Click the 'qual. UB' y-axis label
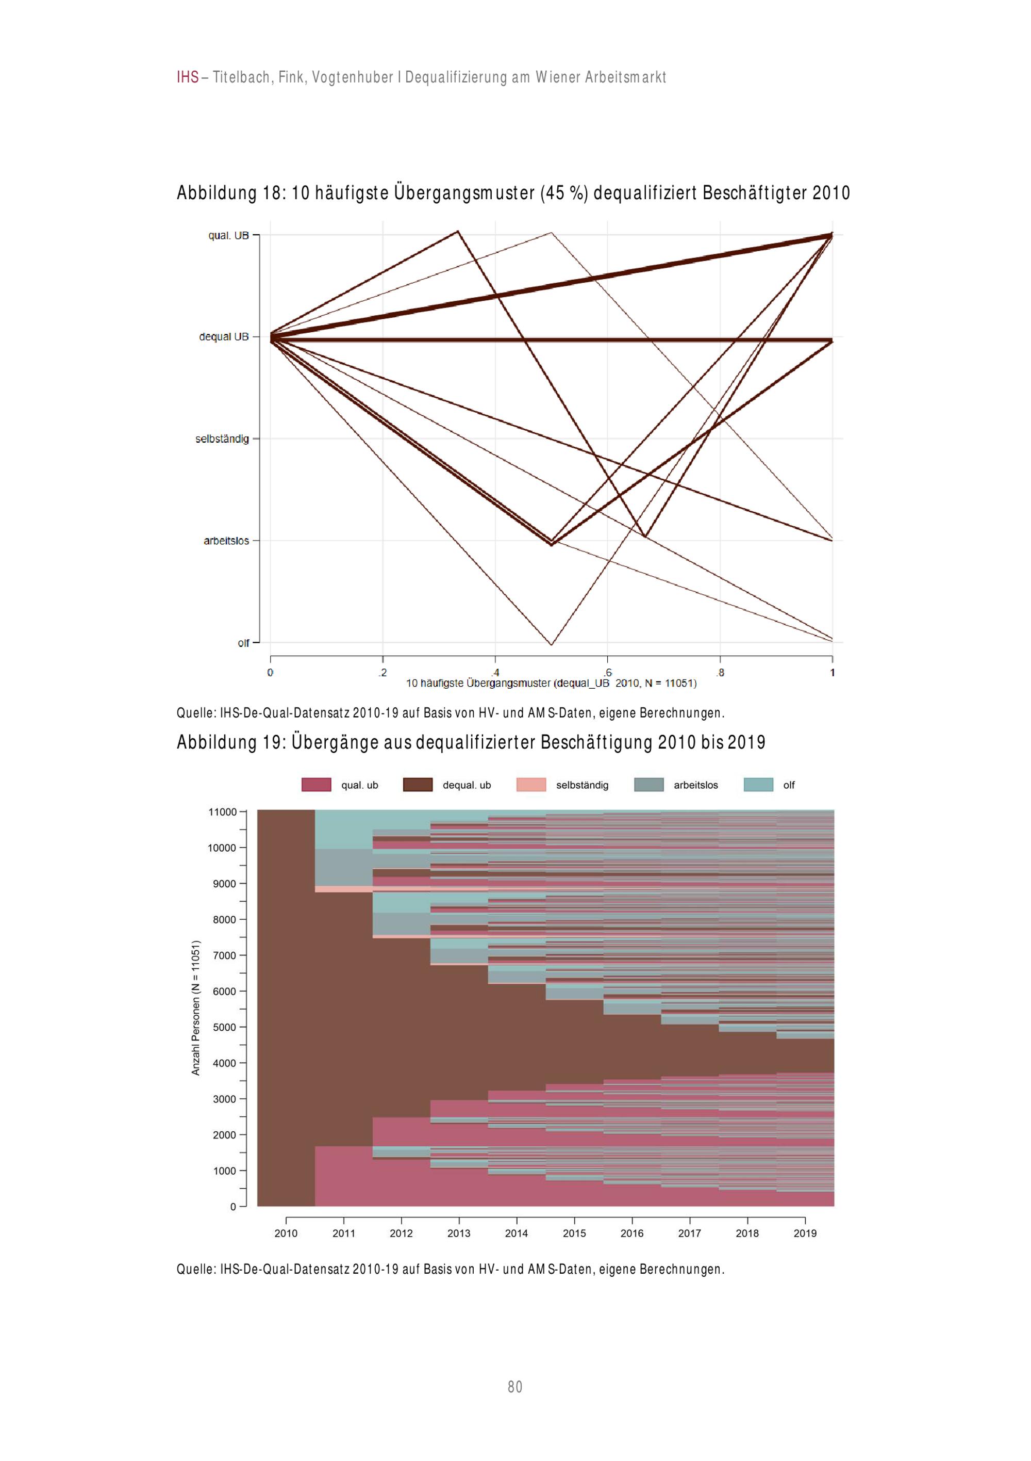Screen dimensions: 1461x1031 (x=228, y=235)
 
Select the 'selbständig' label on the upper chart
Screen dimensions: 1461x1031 (x=222, y=439)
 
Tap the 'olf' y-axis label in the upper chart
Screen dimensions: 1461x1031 (x=243, y=643)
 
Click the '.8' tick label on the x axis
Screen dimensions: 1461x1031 (x=720, y=673)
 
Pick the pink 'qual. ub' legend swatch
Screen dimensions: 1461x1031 (x=316, y=785)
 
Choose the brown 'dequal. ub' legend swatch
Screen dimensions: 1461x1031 (x=418, y=785)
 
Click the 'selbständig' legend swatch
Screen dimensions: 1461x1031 (x=531, y=785)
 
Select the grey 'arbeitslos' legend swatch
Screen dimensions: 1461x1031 (x=648, y=785)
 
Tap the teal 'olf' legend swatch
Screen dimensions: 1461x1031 (x=758, y=785)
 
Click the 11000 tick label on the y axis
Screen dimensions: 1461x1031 (x=222, y=812)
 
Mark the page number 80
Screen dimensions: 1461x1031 (x=515, y=1387)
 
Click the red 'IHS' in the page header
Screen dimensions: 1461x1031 (x=188, y=77)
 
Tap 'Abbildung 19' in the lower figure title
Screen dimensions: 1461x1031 (x=229, y=742)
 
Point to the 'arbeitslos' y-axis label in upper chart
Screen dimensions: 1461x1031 (x=226, y=541)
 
